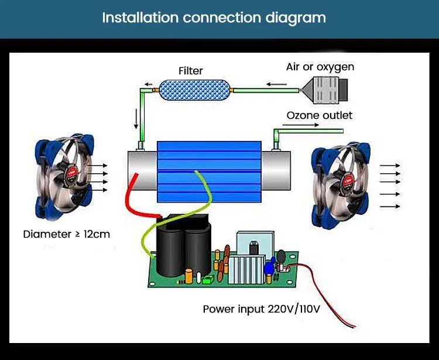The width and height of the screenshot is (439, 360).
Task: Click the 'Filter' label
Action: pos(190,71)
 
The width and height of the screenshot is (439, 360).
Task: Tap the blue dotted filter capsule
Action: pos(194,90)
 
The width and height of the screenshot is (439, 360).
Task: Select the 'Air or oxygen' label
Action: pos(320,67)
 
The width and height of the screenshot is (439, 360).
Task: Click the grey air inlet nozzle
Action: pos(325,90)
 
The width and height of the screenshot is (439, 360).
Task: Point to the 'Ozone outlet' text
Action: pos(320,115)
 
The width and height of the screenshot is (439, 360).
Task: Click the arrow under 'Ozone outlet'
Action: pos(301,125)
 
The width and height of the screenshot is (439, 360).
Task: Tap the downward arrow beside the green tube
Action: pos(136,119)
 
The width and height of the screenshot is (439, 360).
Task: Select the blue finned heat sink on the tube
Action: pos(209,172)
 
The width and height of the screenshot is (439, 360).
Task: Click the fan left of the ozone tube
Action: pos(64,177)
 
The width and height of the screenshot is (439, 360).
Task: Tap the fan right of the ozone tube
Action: pos(341,186)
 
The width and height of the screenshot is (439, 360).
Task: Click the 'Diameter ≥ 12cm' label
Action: pos(67,234)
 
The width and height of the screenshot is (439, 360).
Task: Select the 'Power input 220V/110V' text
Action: pos(261,309)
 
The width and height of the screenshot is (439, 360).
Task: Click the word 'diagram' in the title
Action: pos(296,18)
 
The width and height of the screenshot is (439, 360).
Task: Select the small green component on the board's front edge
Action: pos(208,279)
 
